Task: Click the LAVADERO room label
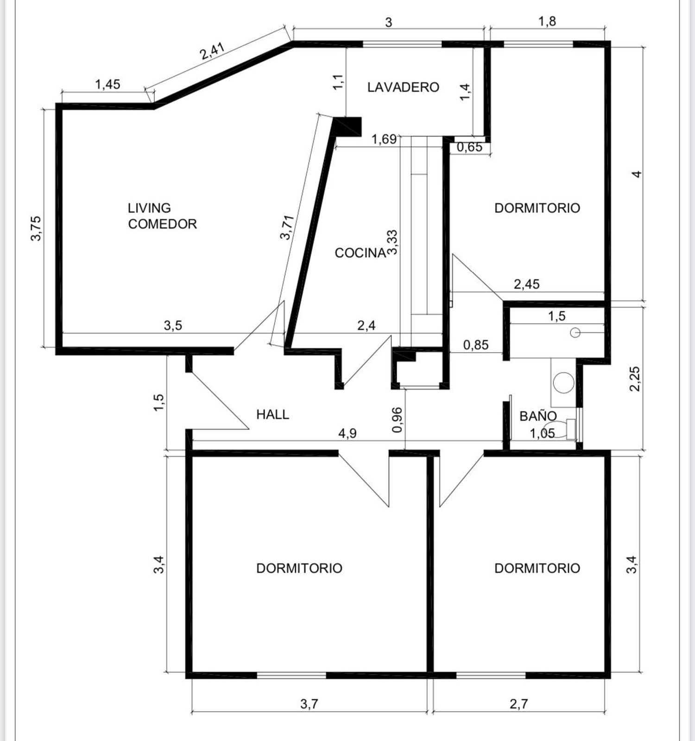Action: coord(403,87)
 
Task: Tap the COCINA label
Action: coord(360,253)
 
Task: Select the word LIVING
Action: coord(149,208)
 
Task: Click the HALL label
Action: coord(273,414)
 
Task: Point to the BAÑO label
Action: coord(538,416)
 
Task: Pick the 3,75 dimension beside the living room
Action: coord(36,228)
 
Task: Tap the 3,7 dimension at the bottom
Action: coord(309,704)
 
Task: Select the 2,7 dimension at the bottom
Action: coord(518,704)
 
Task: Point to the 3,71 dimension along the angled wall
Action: coord(287,227)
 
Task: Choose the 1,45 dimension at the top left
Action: coord(107,84)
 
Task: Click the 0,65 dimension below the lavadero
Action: coord(469,147)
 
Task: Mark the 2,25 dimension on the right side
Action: coord(635,379)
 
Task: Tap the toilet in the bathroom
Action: coord(562,429)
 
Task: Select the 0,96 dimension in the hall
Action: coord(397,420)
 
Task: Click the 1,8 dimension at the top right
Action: coord(547,22)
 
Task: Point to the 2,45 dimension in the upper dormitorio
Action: coord(527,284)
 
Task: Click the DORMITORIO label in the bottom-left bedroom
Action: coord(299,568)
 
